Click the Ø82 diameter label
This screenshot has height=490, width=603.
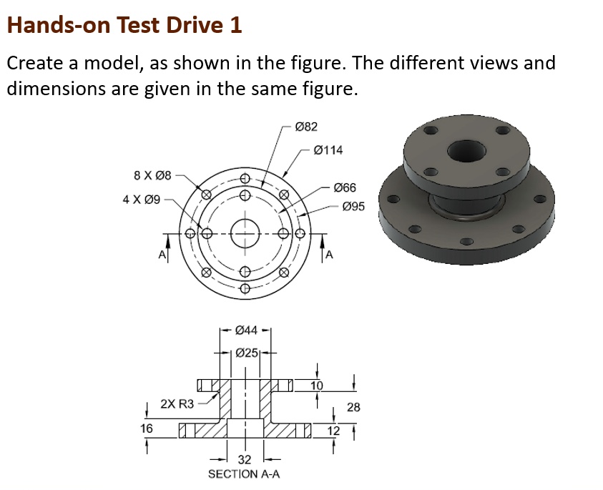[305, 127]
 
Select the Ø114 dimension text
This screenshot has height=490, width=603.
[328, 150]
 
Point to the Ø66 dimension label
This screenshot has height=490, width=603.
[344, 187]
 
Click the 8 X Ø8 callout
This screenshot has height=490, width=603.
[152, 175]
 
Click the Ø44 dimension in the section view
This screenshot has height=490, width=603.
[246, 330]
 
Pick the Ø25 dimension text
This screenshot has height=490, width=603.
[246, 353]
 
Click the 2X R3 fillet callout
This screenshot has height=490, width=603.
[177, 404]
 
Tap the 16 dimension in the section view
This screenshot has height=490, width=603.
[147, 428]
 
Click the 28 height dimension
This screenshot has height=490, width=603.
[353, 407]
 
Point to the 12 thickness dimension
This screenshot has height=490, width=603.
[334, 431]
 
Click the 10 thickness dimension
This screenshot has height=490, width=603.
[317, 386]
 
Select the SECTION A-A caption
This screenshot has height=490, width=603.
[243, 474]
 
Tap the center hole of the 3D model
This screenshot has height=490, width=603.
[466, 152]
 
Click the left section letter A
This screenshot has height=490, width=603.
[162, 255]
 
